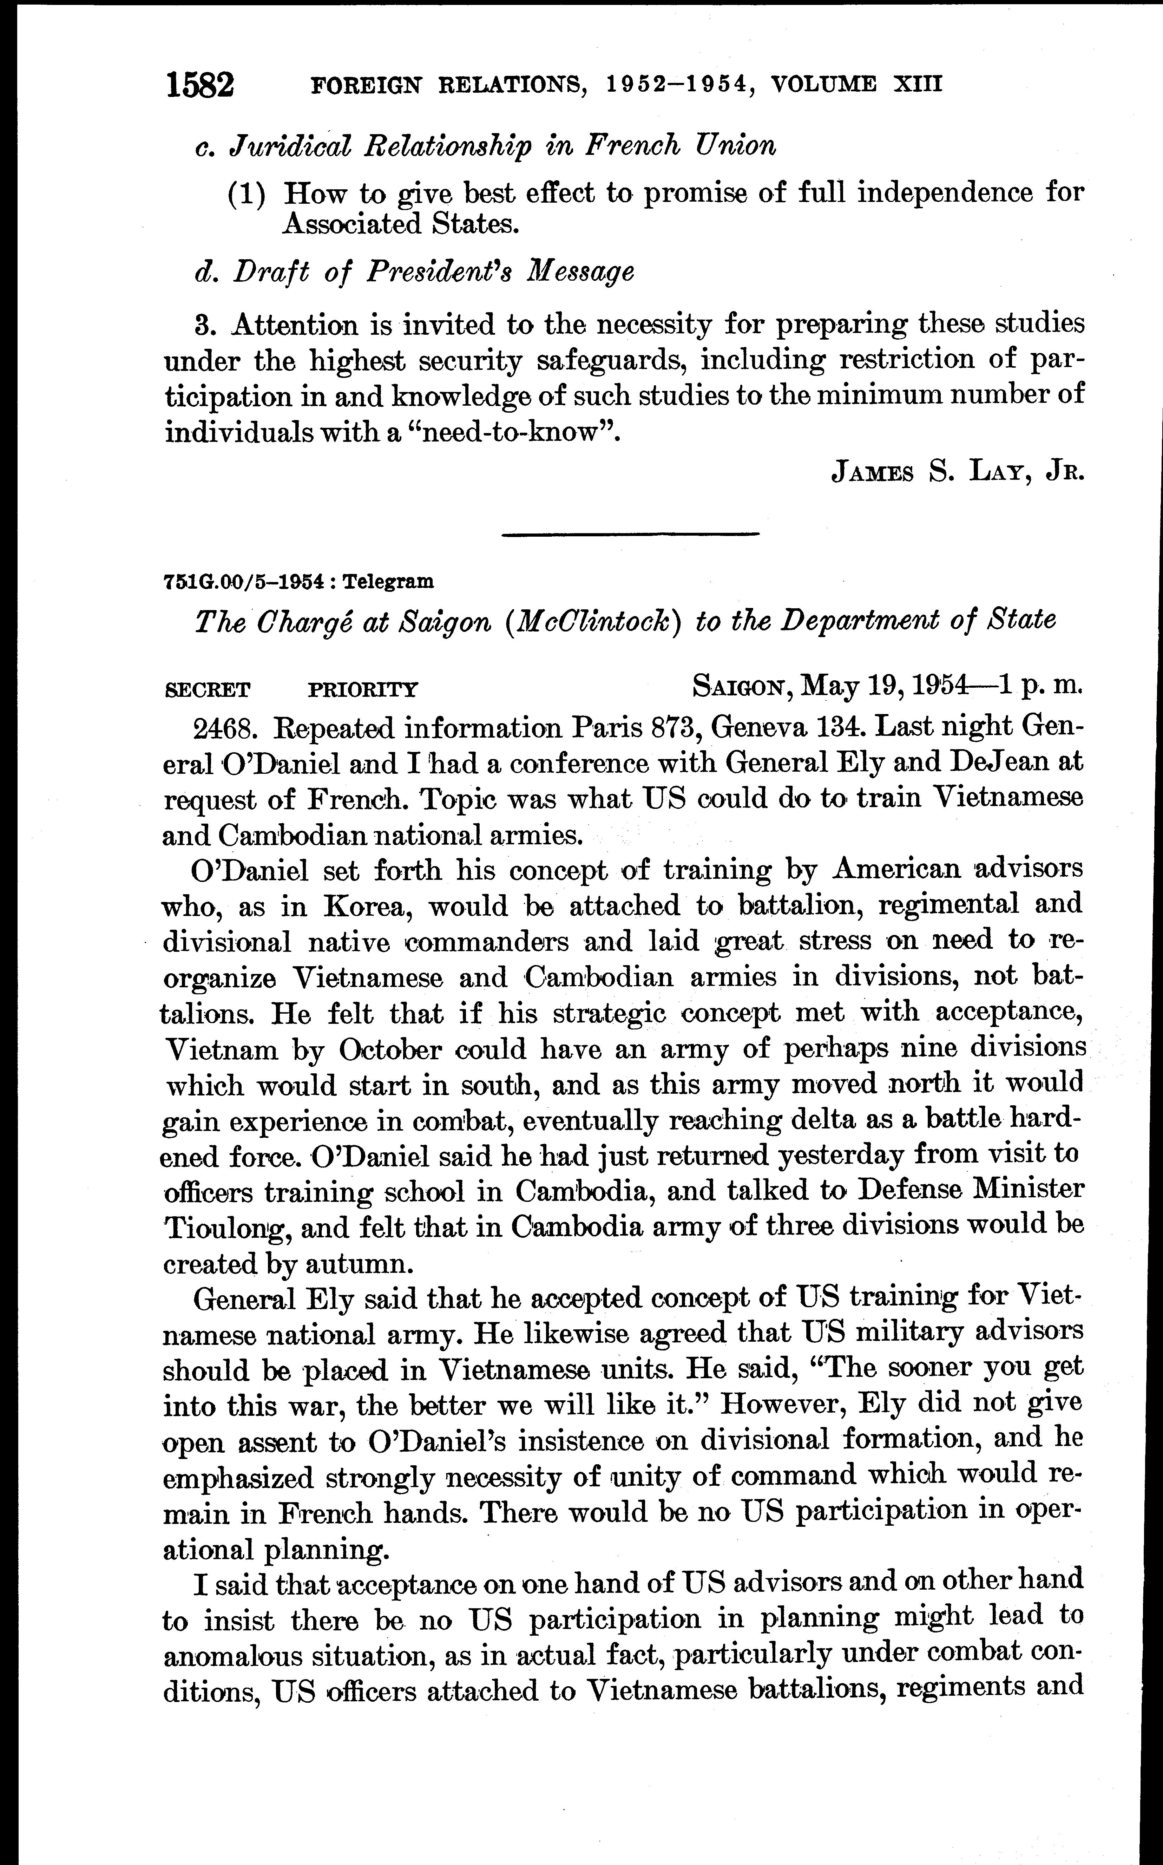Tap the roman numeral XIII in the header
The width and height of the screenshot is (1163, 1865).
pos(917,83)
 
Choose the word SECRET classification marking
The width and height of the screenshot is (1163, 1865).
pos(208,689)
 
